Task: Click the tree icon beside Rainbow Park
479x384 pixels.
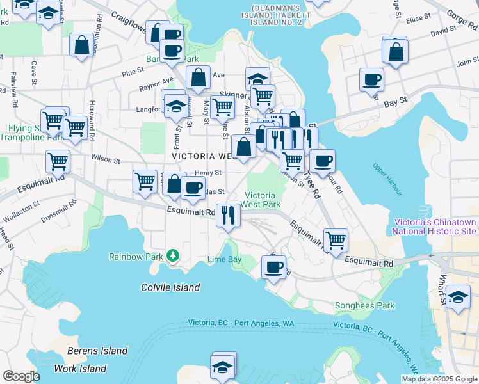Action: pos(172,256)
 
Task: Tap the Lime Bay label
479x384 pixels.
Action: pos(224,259)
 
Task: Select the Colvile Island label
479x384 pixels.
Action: pos(170,287)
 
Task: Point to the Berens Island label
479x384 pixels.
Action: pos(97,351)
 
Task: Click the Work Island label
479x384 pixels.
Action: pos(80,369)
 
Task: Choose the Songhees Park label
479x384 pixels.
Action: pos(364,306)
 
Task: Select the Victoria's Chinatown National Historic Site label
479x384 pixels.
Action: pos(434,227)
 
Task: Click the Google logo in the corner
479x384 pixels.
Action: pos(20,376)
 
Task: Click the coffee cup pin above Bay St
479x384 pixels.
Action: pos(371,80)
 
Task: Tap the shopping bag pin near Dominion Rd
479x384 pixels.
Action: pos(81,45)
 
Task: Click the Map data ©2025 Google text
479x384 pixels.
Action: pos(439,379)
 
